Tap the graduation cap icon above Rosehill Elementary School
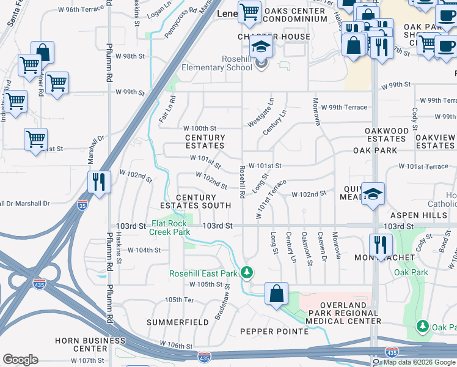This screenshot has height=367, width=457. click(x=261, y=46)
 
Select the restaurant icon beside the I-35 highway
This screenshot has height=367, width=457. click(x=98, y=182)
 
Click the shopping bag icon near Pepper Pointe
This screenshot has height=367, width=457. click(x=276, y=292)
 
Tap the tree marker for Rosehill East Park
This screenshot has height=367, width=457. click(x=247, y=272)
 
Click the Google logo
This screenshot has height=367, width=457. click(x=20, y=359)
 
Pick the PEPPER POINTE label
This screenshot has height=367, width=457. click(x=274, y=332)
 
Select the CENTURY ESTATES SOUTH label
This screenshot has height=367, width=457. click(x=196, y=202)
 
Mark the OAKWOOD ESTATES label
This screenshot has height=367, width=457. click(x=386, y=135)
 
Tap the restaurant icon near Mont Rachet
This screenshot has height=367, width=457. click(x=381, y=245)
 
